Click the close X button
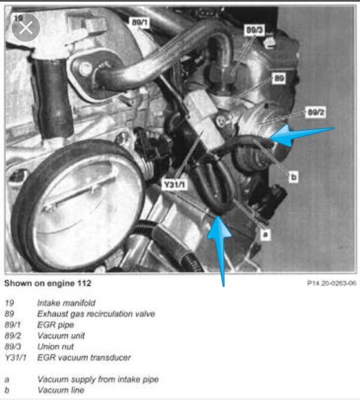[25, 28]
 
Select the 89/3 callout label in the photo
[253, 31]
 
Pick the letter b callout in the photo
[293, 176]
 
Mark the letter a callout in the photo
[263, 232]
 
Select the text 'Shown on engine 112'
[47, 283]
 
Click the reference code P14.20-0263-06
[331, 284]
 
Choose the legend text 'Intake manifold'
[66, 303]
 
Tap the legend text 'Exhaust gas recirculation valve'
[96, 314]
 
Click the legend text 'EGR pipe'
[55, 325]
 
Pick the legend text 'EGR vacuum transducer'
[83, 357]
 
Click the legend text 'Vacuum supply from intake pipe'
[97, 379]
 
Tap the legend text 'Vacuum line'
[60, 390]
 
